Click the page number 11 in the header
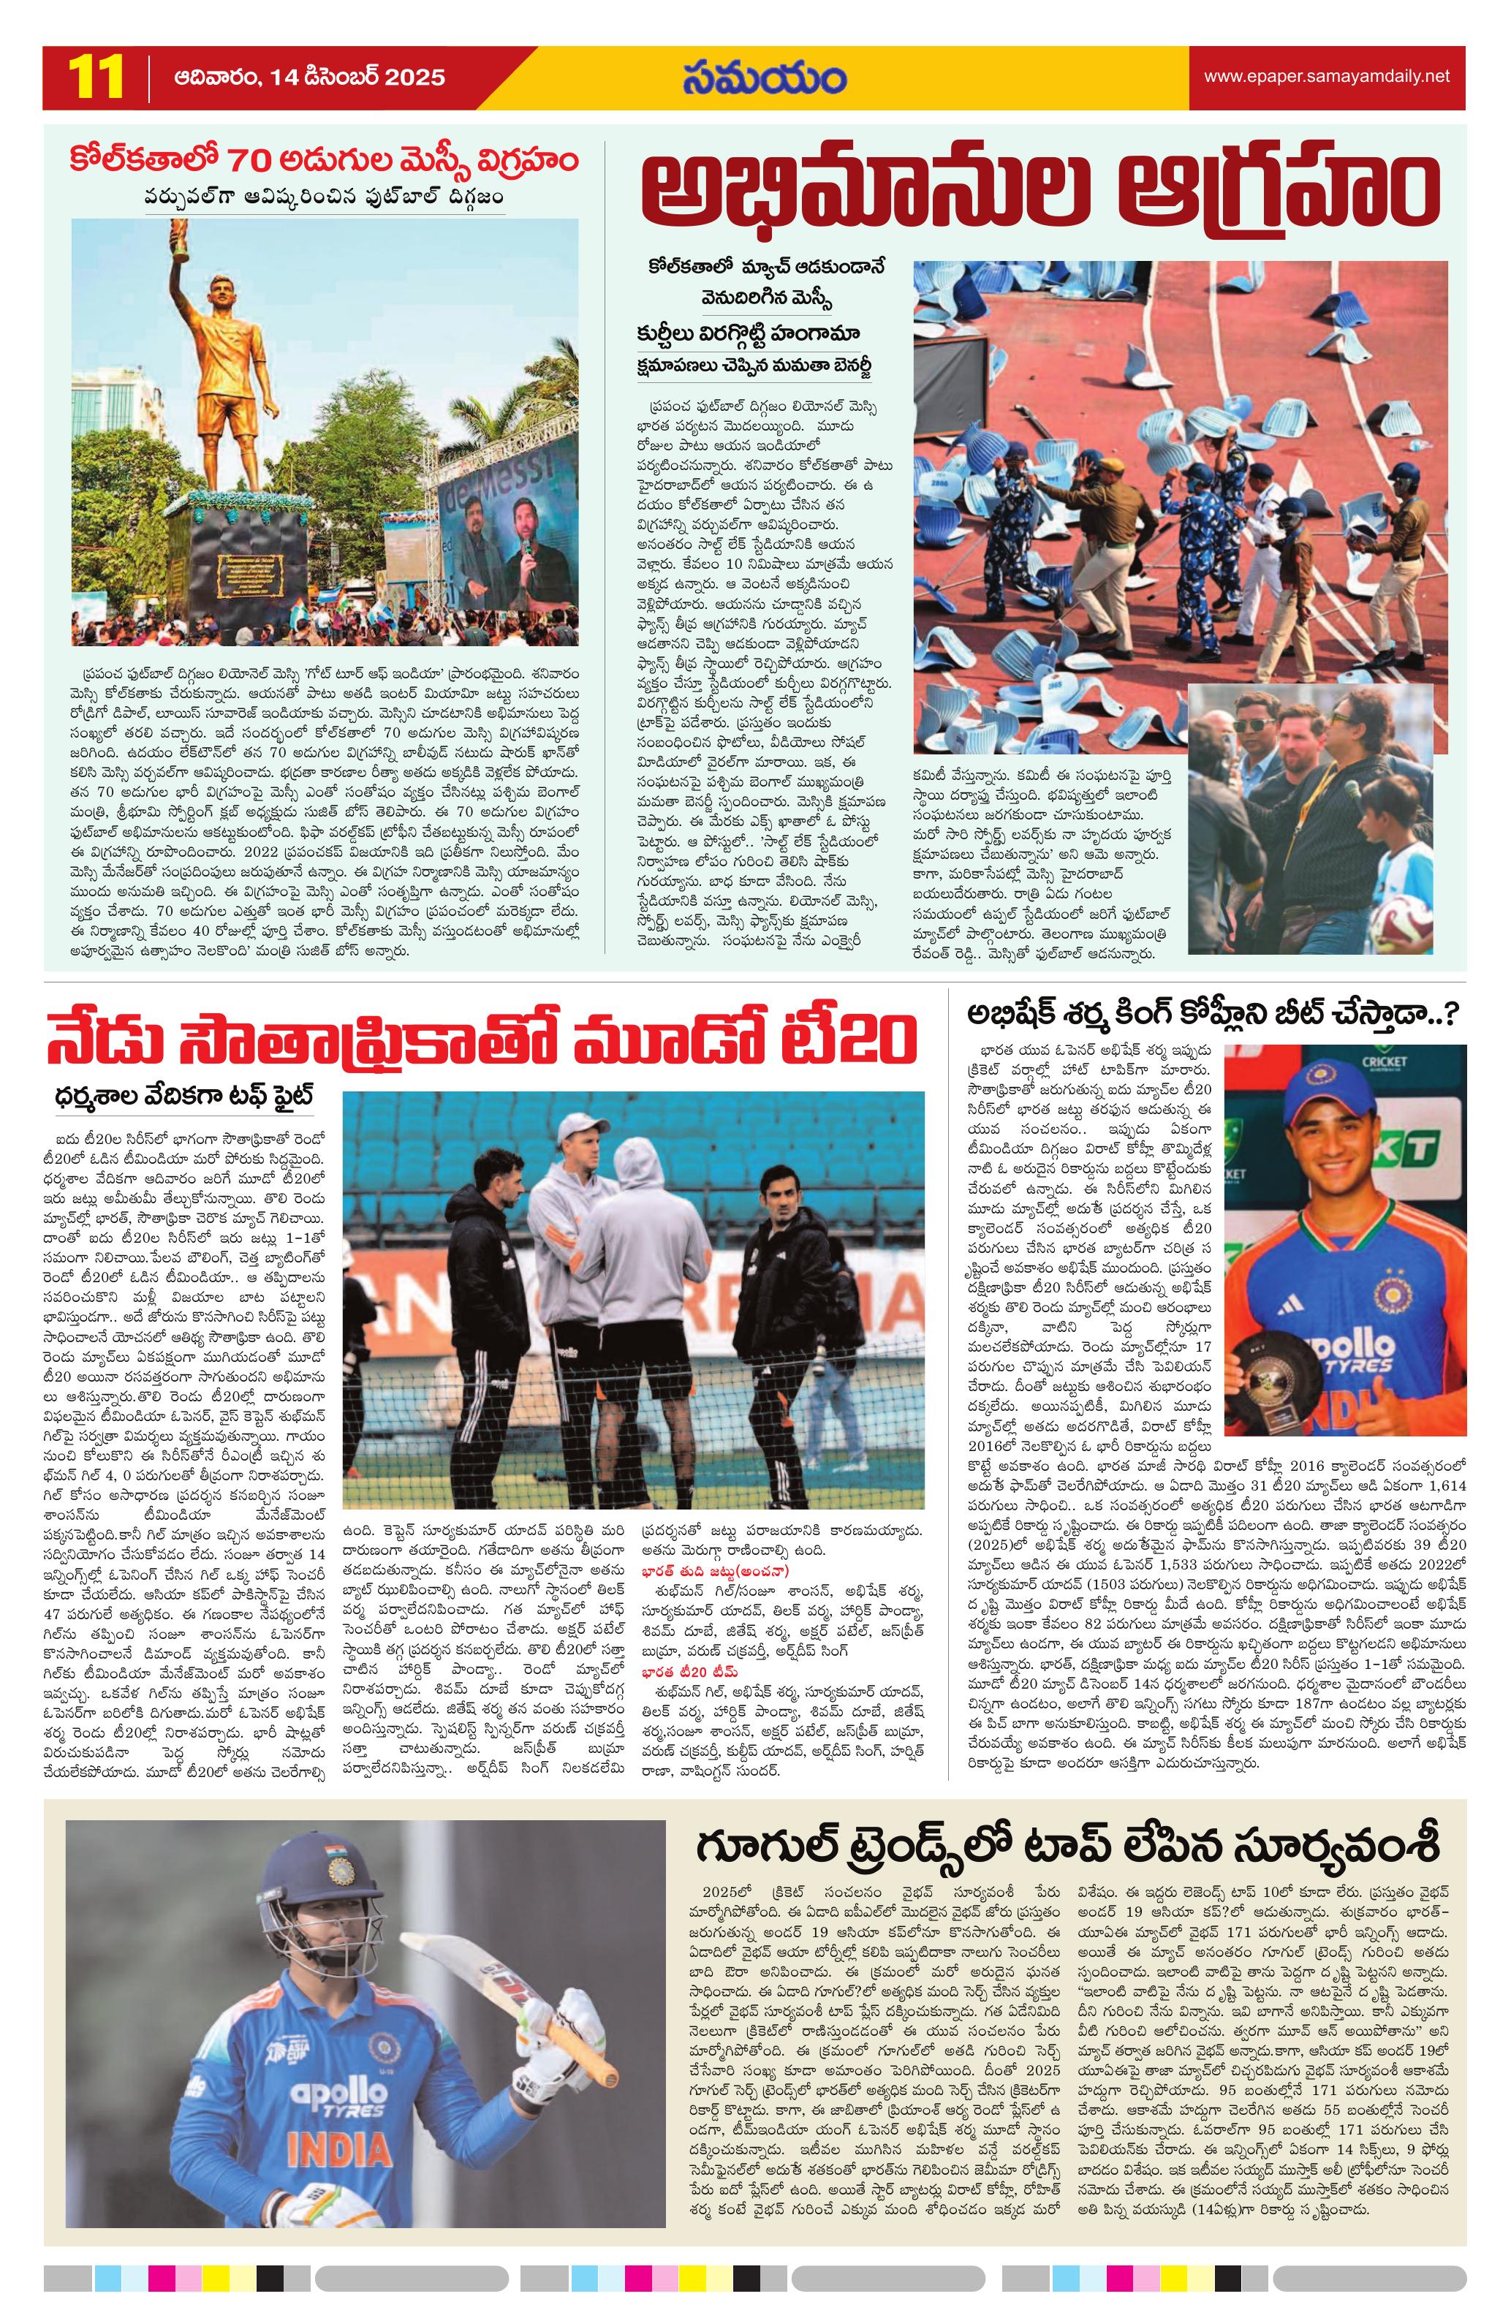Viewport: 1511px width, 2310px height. (96, 77)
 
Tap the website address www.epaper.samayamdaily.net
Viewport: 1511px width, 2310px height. (1325, 76)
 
